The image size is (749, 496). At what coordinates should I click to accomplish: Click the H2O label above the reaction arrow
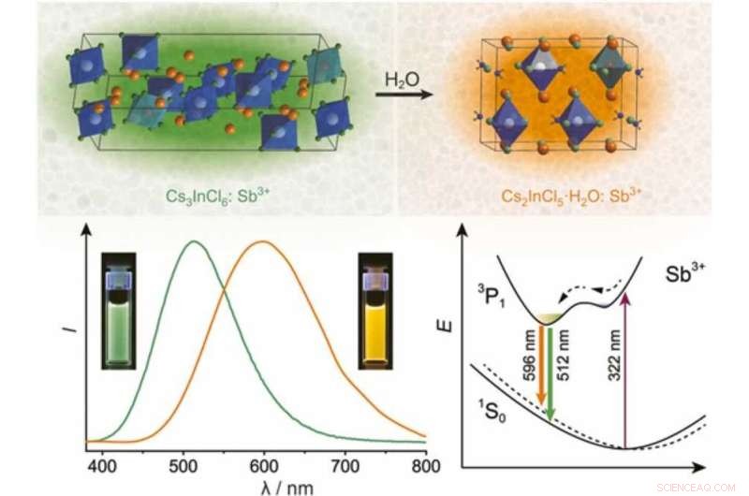point(397,79)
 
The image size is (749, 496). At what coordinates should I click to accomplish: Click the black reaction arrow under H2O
point(397,95)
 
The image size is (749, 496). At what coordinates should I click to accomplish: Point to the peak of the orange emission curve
point(264,242)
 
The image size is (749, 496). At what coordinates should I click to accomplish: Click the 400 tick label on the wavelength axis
point(111,461)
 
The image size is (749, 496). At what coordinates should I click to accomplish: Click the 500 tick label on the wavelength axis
point(191,461)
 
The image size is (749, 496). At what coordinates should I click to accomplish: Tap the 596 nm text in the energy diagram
point(530,359)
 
